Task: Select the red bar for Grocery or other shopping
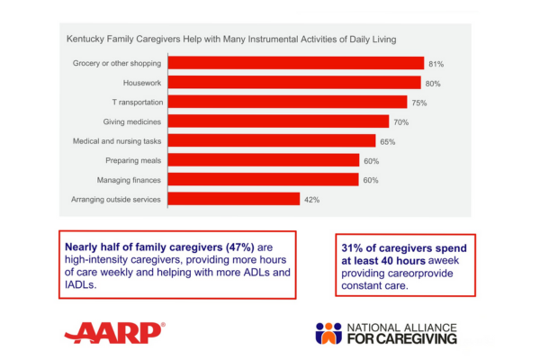(x=296, y=64)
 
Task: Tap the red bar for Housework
(x=294, y=83)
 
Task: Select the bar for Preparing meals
(x=264, y=160)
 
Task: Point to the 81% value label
(x=436, y=64)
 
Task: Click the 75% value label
(x=419, y=103)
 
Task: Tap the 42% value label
(x=311, y=199)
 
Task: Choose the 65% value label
(x=387, y=141)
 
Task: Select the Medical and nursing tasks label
(x=117, y=141)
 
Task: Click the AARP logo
(x=114, y=332)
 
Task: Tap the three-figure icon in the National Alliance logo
(x=329, y=332)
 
